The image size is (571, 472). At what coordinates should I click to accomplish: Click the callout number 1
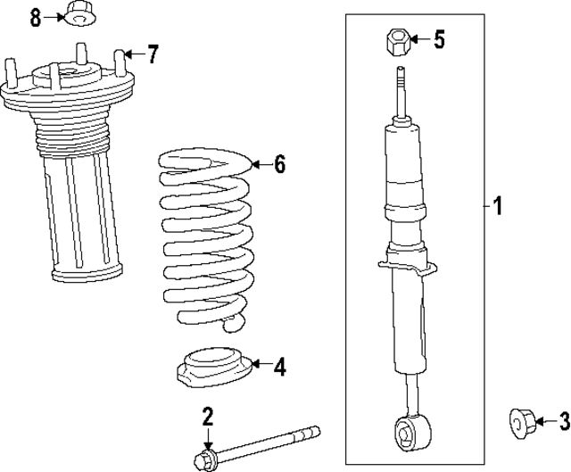497,208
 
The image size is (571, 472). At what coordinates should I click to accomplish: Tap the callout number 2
207,416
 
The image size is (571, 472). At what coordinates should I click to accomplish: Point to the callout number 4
279,365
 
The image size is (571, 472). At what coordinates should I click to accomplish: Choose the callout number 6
279,164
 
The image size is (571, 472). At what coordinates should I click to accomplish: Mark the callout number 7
153,54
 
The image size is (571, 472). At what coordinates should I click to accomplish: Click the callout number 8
35,16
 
